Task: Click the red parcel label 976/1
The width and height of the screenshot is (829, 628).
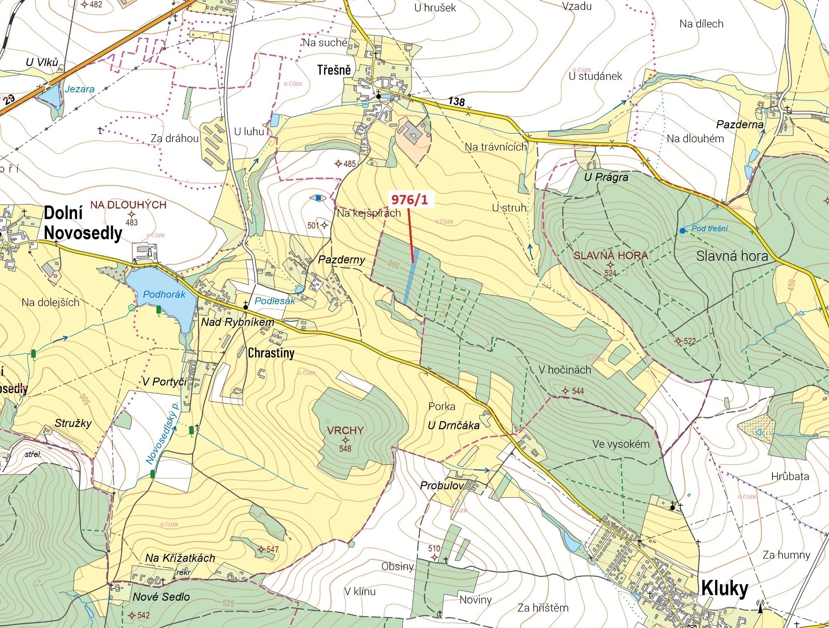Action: click(408, 199)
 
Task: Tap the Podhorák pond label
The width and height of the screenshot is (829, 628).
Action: click(164, 294)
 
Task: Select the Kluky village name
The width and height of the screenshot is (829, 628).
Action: click(724, 588)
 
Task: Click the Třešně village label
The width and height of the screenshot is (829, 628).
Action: click(334, 70)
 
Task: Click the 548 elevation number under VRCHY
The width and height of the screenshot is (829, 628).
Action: click(345, 449)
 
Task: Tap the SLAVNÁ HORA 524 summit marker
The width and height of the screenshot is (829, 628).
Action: click(610, 264)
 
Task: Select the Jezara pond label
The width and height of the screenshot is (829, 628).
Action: click(79, 89)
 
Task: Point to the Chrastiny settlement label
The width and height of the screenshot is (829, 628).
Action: click(271, 353)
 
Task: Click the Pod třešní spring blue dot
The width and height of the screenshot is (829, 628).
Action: click(682, 230)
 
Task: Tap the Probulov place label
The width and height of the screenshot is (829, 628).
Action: click(442, 486)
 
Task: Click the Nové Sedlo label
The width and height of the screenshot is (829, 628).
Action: click(161, 597)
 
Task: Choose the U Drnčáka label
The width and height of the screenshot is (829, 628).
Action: click(453, 425)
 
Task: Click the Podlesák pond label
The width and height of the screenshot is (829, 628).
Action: click(275, 301)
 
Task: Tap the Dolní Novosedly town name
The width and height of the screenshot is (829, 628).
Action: click(82, 223)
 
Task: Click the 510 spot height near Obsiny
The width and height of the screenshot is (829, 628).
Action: click(434, 549)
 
